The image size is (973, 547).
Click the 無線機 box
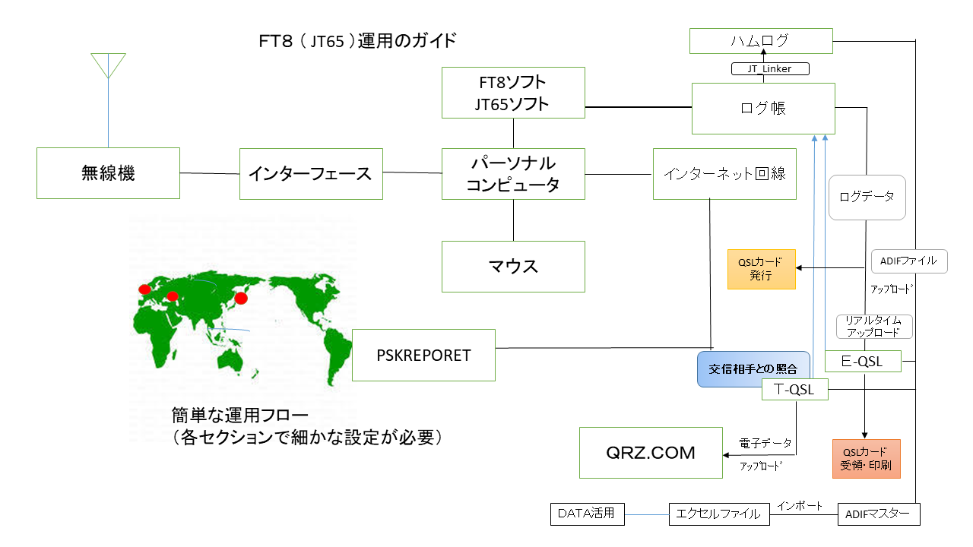tap(108, 173)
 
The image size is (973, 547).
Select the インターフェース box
tap(311, 174)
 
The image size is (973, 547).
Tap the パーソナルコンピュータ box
tap(513, 174)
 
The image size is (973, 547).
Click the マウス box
tap(513, 267)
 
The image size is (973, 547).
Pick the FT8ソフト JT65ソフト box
tap(513, 93)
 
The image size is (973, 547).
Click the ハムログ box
tap(761, 41)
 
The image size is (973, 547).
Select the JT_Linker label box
tap(770, 69)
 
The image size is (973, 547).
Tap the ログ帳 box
tap(763, 109)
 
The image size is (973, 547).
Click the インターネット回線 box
tap(724, 174)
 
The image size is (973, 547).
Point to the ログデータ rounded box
tap(867, 198)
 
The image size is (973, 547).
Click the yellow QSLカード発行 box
tap(761, 269)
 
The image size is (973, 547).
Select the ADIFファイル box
tap(909, 261)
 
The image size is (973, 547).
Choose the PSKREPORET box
tap(423, 355)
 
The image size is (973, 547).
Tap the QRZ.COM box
tap(651, 453)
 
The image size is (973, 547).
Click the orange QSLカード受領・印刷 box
tap(866, 458)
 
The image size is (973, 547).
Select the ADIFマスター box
tap(878, 514)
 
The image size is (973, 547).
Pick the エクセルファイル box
tap(719, 514)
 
